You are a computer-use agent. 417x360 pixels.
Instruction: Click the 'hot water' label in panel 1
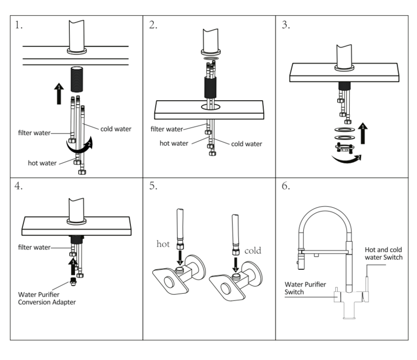tap(43, 163)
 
